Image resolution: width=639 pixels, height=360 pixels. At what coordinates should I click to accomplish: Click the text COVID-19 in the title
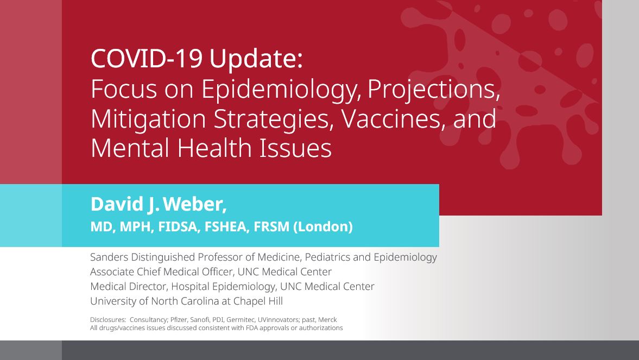(147, 58)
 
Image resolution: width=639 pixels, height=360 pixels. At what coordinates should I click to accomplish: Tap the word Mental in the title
(130, 148)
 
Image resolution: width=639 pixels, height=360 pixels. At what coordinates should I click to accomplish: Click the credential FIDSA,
(179, 226)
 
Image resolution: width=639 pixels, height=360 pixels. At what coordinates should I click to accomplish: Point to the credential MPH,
(136, 226)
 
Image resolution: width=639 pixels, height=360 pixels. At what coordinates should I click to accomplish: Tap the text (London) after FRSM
(323, 226)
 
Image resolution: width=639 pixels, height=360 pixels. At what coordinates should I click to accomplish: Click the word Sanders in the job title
(109, 257)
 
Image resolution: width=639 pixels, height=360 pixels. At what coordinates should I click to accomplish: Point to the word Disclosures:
(108, 320)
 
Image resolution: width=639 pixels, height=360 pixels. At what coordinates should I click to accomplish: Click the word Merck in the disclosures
(327, 320)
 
